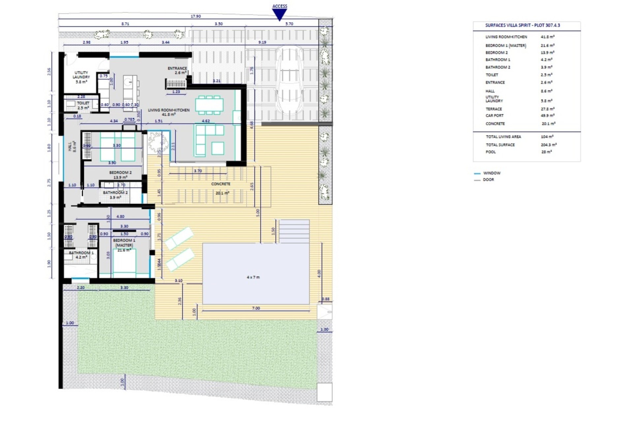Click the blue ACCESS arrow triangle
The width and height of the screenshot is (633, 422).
coord(280,14)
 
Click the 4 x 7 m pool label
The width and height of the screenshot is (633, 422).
coord(253,277)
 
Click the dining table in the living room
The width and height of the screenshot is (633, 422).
coord(209,105)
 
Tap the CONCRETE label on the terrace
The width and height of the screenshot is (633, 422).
coord(221,184)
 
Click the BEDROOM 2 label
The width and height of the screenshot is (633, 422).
coord(120,173)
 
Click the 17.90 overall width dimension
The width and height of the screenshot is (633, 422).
coord(196,16)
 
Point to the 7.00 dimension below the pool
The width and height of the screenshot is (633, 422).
coord(256,308)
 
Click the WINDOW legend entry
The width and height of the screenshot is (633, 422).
coord(492,173)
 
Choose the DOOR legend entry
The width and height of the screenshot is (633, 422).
coord(488,180)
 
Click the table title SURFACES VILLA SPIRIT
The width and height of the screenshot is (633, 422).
coord(523,25)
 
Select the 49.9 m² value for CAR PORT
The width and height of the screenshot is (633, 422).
coord(548,116)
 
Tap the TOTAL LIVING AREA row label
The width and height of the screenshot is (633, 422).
coord(503,137)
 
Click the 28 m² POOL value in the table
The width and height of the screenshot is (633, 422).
coord(546,152)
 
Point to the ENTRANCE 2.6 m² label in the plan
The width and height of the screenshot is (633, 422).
coord(177,71)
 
